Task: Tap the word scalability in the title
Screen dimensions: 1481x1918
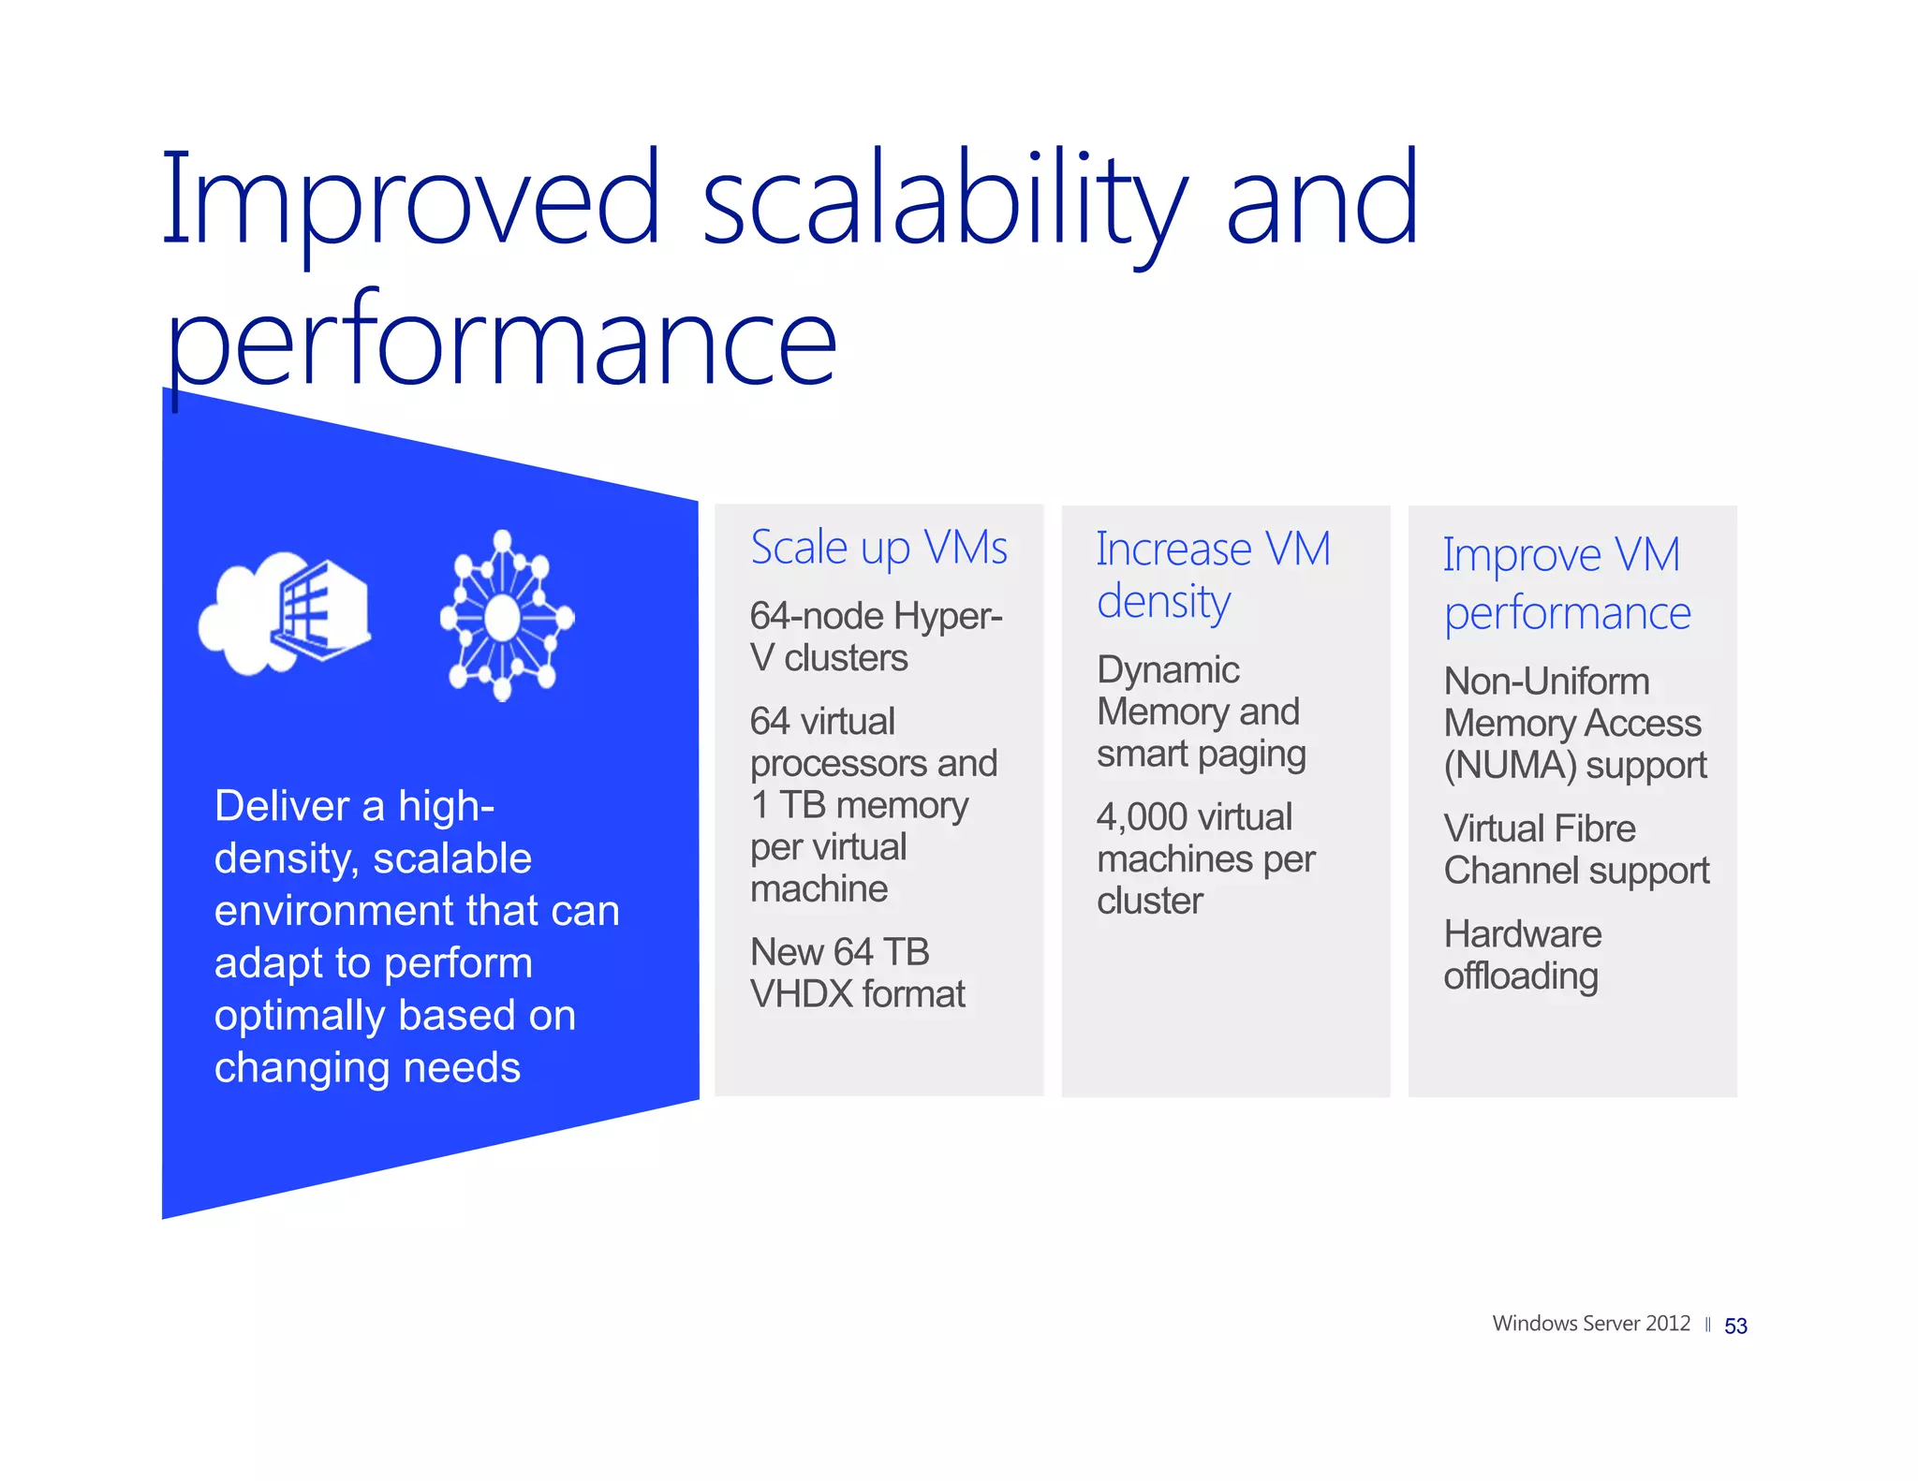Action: click(x=944, y=199)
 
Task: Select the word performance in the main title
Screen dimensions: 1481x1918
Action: click(x=501, y=342)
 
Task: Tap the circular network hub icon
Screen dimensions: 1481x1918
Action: click(x=506, y=616)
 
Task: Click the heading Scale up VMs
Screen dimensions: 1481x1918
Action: click(x=878, y=548)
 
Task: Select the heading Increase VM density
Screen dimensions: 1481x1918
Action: click(x=1212, y=575)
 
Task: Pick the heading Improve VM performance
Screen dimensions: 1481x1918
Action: click(x=1566, y=584)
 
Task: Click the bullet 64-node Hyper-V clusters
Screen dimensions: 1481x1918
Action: click(x=875, y=637)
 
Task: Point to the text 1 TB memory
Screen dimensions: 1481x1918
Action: click(x=859, y=805)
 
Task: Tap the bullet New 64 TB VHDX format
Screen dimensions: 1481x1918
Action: click(x=857, y=973)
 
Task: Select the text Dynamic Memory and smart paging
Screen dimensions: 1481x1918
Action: click(x=1200, y=711)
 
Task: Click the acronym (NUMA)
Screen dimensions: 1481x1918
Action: click(x=1510, y=766)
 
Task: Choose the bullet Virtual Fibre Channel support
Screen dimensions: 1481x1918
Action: click(x=1575, y=849)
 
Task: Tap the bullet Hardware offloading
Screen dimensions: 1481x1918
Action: click(x=1522, y=955)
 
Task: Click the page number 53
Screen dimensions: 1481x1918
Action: click(x=1735, y=1327)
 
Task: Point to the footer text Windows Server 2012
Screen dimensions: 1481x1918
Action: click(x=1590, y=1324)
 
